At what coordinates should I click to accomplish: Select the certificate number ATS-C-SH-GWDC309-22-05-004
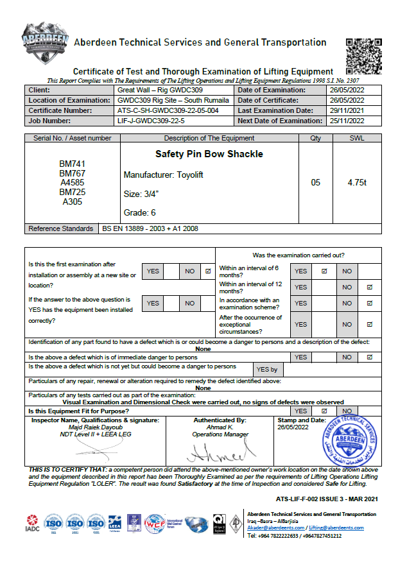point(168,110)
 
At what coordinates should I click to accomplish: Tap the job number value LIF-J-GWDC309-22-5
point(151,121)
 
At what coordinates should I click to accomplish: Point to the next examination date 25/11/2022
point(346,121)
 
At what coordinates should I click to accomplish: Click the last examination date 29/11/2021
point(346,110)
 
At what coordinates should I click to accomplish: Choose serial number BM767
point(73,173)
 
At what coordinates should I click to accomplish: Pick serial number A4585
point(73,183)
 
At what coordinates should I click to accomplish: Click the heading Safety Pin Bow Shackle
point(209,154)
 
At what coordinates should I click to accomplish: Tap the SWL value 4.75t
point(357,182)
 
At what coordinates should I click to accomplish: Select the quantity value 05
point(315,182)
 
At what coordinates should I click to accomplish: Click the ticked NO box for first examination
point(207,271)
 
